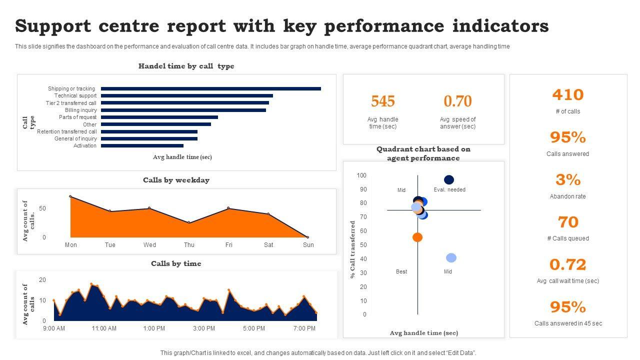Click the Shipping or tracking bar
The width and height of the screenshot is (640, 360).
point(210,89)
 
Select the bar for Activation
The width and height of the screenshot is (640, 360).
point(142,146)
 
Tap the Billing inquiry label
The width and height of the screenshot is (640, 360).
point(80,110)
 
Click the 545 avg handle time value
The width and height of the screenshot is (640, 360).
point(383,101)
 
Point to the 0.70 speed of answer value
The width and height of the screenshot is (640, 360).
point(457,101)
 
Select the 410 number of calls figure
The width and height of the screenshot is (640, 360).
point(568,95)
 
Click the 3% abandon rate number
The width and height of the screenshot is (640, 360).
point(568,179)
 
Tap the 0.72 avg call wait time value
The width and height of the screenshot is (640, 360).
point(568,264)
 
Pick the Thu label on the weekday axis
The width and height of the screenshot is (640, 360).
point(189,245)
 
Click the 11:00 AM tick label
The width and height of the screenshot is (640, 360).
point(104,328)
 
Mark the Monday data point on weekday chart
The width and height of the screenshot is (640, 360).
point(70,196)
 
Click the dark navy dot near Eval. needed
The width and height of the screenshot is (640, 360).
point(449,180)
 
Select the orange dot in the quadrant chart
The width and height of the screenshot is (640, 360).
point(417,237)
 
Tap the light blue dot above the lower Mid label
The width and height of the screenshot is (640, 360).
point(451,258)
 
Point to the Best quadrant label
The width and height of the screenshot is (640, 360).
point(401,272)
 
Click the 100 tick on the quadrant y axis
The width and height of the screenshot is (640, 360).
point(361,175)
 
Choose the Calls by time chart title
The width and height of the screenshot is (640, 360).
point(176,263)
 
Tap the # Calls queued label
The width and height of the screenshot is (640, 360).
point(568,238)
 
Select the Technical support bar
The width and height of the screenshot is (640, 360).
point(186,96)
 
